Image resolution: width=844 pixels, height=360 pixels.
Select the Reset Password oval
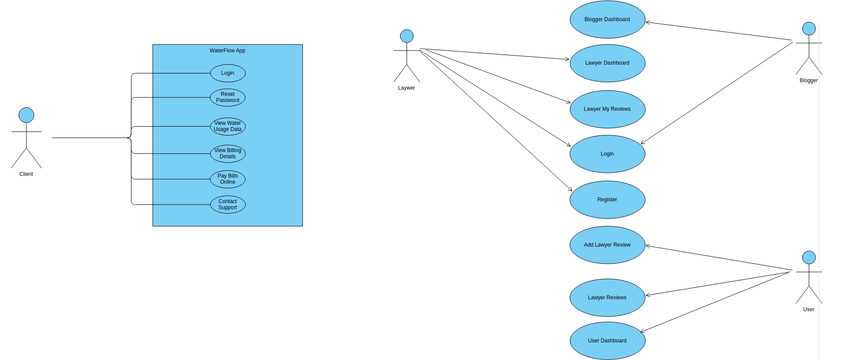click(228, 97)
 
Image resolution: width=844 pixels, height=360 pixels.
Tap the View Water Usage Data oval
click(228, 126)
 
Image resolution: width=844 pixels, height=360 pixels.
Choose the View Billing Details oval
click(228, 153)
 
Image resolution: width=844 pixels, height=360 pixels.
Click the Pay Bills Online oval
click(228, 179)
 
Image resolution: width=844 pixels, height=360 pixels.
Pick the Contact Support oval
click(228, 204)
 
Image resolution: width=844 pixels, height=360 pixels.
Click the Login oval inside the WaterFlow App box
click(228, 73)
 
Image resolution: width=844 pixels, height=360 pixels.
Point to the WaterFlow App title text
click(227, 50)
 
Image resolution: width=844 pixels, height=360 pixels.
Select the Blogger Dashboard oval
click(607, 19)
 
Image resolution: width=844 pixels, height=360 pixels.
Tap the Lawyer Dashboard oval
click(607, 63)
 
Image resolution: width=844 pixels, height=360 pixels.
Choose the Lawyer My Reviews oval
click(607, 109)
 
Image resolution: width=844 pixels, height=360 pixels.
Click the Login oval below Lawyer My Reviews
click(607, 154)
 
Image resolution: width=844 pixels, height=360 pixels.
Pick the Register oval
click(607, 199)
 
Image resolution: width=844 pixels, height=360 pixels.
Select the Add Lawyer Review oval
click(607, 245)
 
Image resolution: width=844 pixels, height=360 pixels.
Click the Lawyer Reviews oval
click(607, 297)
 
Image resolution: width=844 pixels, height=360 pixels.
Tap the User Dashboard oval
click(607, 341)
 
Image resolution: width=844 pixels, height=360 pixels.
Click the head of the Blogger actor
click(808, 29)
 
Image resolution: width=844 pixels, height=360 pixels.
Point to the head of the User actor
click(808, 258)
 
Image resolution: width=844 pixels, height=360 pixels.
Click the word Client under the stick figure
click(26, 174)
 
